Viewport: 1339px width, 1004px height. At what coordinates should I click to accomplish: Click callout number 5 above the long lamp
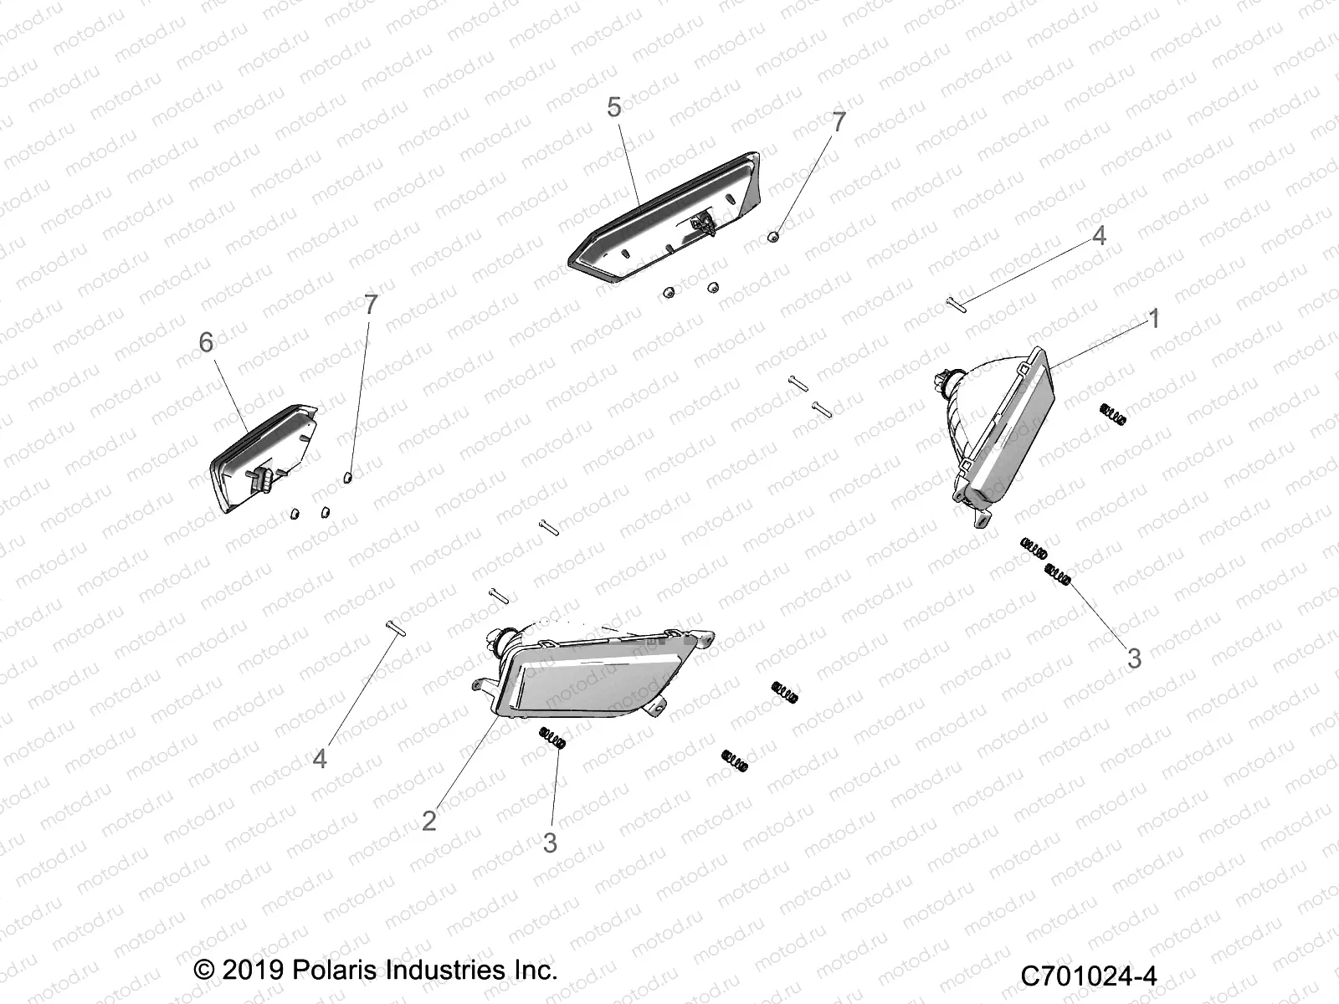pos(614,108)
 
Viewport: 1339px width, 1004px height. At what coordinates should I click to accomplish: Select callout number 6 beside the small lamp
pos(206,342)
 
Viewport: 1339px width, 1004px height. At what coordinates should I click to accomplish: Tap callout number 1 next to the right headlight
pos(1154,319)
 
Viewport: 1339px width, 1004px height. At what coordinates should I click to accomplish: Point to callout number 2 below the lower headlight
pos(429,820)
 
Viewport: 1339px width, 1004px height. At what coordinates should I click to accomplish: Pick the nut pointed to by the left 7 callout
pos(349,478)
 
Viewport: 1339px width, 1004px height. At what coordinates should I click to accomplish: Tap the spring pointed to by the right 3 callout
pos(1058,575)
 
